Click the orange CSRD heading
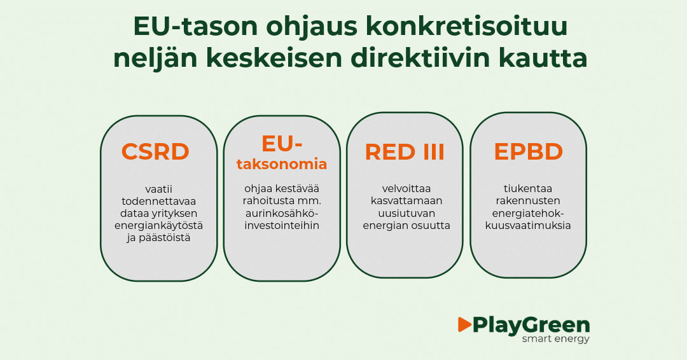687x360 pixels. tap(155, 151)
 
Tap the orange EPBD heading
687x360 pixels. tap(529, 151)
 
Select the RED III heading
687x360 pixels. tap(405, 151)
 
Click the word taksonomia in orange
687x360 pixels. tap(282, 164)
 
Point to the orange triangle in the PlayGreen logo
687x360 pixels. tap(464, 324)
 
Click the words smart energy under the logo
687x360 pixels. tap(555, 338)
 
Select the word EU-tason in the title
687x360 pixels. tap(196, 26)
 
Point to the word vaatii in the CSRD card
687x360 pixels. tap(158, 189)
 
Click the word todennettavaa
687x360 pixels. tap(158, 202)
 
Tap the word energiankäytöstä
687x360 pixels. tap(158, 226)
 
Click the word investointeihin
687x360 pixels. tap(282, 226)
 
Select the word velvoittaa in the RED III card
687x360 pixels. tap(406, 189)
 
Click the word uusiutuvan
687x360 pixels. tap(406, 213)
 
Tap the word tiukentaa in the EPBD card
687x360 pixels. tap(527, 189)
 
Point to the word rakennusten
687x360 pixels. tap(527, 201)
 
